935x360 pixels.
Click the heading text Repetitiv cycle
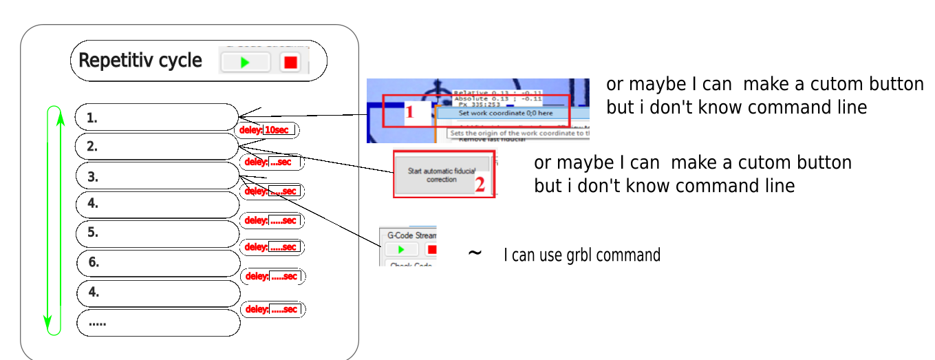140,61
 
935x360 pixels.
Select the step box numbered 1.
155,117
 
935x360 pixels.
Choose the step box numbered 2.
155,147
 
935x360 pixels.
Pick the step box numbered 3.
155,176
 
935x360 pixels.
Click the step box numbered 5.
155,233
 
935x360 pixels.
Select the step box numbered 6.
155,263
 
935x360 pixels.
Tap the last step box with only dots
155,323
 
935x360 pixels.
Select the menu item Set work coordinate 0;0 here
505,113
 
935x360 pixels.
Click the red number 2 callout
480,184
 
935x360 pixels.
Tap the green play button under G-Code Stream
398,249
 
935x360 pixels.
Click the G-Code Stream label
411,235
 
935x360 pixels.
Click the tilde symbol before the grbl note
475,253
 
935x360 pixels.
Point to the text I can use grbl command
582,255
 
